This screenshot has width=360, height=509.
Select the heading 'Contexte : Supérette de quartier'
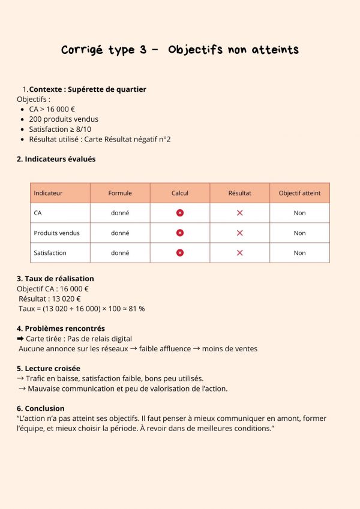(88, 89)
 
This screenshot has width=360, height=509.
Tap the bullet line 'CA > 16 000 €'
(52, 109)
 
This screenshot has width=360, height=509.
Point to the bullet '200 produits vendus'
(63, 119)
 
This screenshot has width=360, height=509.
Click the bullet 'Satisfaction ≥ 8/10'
(60, 129)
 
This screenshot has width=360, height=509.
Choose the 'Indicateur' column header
(48, 193)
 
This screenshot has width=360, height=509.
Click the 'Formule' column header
(120, 193)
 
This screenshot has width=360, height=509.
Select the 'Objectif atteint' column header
(299, 193)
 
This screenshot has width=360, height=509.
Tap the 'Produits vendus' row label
(56, 233)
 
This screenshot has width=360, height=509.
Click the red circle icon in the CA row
(180, 213)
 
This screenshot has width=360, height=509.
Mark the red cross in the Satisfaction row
(239, 252)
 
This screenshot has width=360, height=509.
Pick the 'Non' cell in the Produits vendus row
(299, 233)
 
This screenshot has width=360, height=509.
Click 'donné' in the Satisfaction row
(120, 252)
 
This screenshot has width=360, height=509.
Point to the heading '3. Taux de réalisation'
(55, 278)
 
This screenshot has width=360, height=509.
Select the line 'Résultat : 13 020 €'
(50, 299)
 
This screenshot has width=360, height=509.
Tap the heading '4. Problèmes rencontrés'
(61, 328)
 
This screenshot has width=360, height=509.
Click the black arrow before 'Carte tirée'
(20, 339)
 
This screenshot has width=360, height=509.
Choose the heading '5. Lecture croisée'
(49, 368)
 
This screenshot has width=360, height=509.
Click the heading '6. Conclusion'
(40, 408)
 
